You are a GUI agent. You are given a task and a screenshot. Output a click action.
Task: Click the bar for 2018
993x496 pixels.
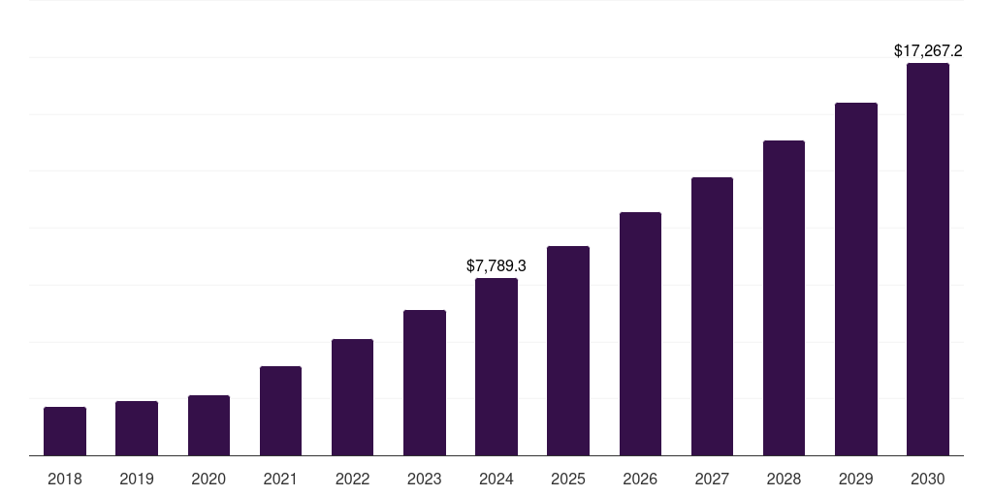click(x=65, y=431)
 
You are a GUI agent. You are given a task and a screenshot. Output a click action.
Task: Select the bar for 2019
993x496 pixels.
click(x=137, y=428)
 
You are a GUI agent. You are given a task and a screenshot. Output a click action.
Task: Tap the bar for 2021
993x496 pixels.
click(x=280, y=411)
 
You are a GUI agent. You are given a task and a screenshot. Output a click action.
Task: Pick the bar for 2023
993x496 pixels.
click(x=425, y=383)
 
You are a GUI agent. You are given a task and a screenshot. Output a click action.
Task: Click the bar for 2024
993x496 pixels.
click(x=496, y=367)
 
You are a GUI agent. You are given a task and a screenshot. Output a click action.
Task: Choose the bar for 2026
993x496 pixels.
click(x=640, y=334)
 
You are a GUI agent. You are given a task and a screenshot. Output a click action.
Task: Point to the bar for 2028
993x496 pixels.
click(x=784, y=298)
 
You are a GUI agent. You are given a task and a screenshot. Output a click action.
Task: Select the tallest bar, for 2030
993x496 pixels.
click(x=927, y=260)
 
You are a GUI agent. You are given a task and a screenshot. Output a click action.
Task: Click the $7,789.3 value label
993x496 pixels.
click(x=496, y=265)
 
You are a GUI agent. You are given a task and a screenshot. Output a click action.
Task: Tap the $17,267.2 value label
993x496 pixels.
click(x=927, y=50)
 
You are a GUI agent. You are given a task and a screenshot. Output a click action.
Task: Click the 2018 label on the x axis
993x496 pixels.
click(x=65, y=479)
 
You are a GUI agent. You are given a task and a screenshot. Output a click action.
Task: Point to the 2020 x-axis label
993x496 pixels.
click(x=208, y=479)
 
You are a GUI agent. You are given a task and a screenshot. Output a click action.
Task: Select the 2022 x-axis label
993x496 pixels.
click(x=352, y=479)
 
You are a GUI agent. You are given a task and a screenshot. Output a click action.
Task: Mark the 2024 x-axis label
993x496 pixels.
click(x=496, y=479)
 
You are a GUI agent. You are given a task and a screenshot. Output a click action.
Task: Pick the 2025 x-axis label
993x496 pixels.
click(x=568, y=479)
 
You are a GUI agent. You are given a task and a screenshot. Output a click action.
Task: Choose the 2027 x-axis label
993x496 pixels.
click(x=712, y=479)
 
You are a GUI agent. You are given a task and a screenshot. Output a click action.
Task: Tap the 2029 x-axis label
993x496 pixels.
click(x=855, y=479)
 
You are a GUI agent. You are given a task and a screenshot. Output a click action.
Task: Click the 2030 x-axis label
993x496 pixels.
click(x=927, y=479)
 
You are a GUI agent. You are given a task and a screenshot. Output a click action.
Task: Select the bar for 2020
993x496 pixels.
click(x=208, y=425)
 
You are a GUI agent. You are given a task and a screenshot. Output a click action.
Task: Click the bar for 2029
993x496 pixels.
click(x=855, y=279)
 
